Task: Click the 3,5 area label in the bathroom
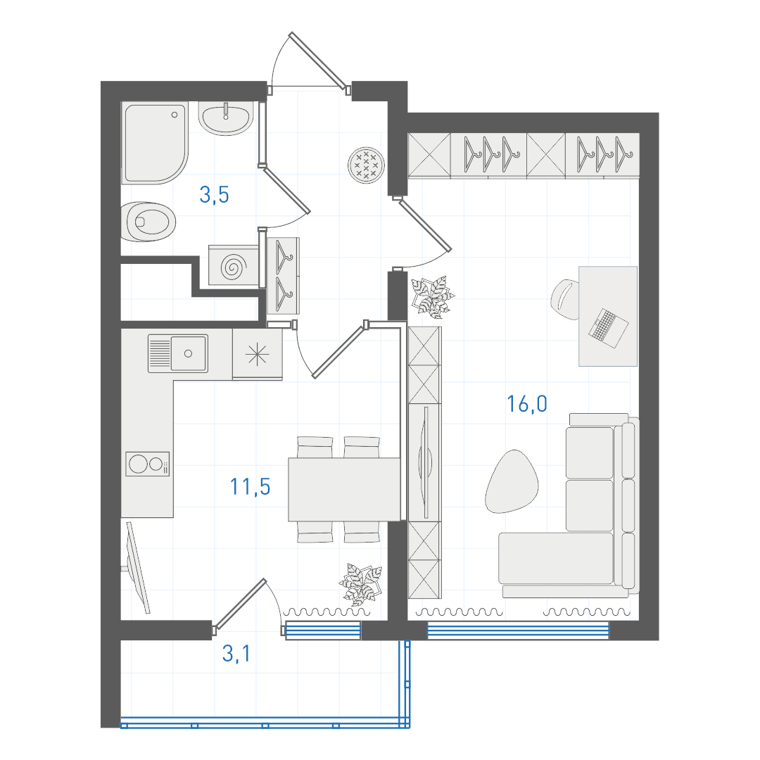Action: [214, 195]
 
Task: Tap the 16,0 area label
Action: [527, 404]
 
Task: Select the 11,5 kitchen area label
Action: [250, 487]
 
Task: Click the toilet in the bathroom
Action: [148, 222]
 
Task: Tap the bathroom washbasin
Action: [226, 118]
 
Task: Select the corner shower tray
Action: [154, 143]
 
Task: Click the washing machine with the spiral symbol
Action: [233, 265]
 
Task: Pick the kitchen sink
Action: [178, 353]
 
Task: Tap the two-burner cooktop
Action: [147, 464]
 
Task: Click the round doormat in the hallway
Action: [366, 165]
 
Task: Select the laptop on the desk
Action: [608, 328]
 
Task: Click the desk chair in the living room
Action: [566, 299]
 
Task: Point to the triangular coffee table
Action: [512, 481]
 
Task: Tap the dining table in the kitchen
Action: [344, 490]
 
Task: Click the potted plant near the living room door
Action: [432, 296]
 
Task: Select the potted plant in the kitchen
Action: [361, 584]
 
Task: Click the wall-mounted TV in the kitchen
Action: [137, 568]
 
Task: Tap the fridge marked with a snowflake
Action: [258, 355]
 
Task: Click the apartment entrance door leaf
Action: [318, 61]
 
